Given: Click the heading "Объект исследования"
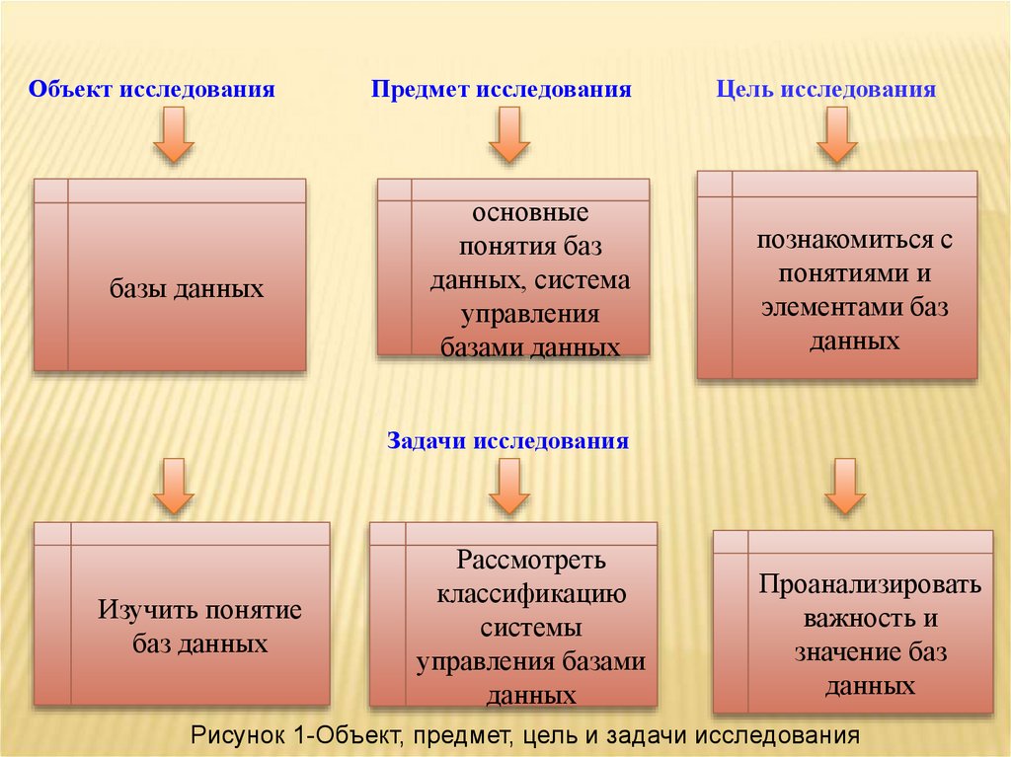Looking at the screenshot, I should click(151, 90).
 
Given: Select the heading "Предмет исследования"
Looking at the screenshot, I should click(501, 90).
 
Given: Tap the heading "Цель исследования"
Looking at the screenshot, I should click(825, 90).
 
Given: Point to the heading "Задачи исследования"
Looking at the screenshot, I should click(507, 440).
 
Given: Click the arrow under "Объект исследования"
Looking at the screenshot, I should click(174, 136).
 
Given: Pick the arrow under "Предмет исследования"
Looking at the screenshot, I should click(509, 136).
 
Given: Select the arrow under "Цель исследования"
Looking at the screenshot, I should click(836, 136).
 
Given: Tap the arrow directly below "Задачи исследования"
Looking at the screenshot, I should click(509, 487).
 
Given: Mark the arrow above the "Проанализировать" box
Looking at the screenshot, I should click(845, 487).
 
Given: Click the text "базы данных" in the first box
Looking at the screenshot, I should click(187, 289).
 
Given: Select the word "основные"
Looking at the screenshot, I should click(529, 213).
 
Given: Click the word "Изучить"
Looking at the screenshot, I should click(146, 610).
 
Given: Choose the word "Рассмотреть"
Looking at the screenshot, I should click(529, 561).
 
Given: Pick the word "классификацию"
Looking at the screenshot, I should click(531, 594).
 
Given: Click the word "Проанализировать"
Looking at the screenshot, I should click(870, 584).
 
